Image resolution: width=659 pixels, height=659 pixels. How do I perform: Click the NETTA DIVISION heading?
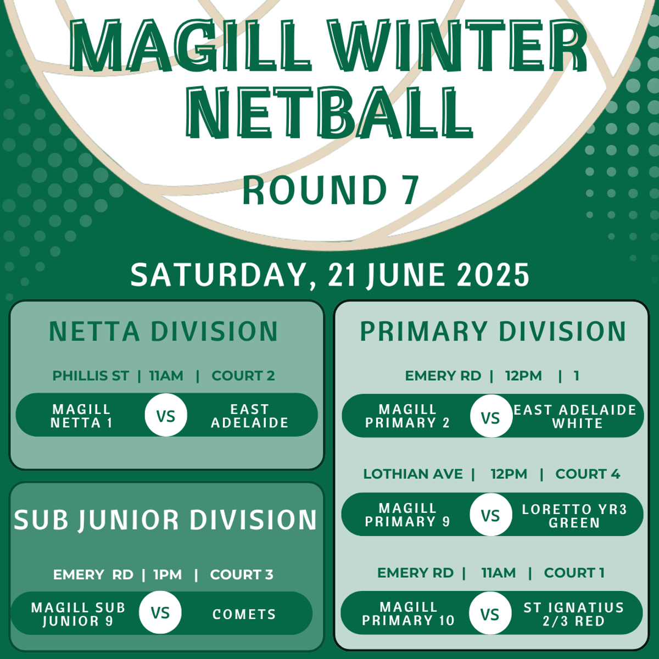(x=164, y=331)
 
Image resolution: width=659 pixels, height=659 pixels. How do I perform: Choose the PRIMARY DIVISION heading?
(x=493, y=331)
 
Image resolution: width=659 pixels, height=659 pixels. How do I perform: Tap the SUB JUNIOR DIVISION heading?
(x=165, y=520)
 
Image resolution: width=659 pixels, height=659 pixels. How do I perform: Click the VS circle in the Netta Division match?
(x=166, y=415)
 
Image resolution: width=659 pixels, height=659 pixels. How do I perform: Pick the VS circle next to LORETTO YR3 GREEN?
(x=491, y=515)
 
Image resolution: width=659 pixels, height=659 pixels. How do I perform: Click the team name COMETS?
(x=244, y=614)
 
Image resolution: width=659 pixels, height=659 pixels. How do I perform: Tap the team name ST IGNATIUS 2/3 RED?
(x=574, y=614)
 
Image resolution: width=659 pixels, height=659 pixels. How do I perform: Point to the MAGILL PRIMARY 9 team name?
(x=407, y=515)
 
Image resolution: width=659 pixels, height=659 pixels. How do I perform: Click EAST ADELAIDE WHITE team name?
(x=575, y=416)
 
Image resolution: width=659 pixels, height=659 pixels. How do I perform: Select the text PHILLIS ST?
(x=91, y=376)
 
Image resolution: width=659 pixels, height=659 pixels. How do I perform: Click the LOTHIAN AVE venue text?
(x=413, y=474)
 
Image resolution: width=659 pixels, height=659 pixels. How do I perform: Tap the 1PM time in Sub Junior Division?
(x=167, y=574)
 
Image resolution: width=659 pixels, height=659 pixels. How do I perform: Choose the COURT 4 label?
(x=588, y=474)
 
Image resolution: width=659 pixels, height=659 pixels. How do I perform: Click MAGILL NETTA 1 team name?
(x=81, y=416)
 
